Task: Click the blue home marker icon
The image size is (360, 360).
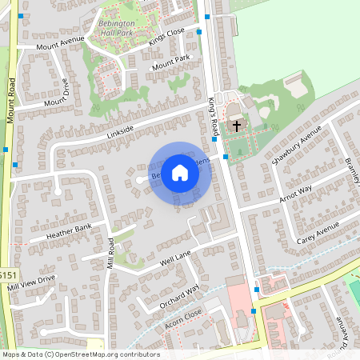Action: point(180,172)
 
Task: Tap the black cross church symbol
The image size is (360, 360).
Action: point(236,126)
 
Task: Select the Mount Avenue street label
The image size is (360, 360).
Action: point(60,42)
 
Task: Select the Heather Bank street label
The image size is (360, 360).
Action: point(69,232)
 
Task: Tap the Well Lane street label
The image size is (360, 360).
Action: point(176,258)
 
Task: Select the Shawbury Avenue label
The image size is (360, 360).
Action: point(297,143)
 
